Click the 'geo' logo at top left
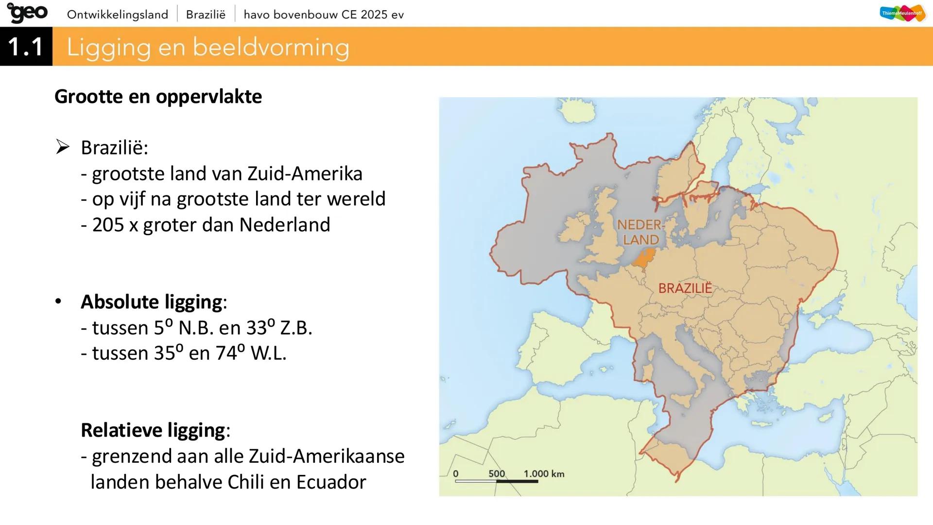coord(28,13)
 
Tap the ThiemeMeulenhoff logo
coord(903,14)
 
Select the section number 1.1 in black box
coord(26,47)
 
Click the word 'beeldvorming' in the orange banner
coord(271,48)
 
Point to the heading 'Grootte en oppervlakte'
coord(158,96)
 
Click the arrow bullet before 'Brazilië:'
coord(63,147)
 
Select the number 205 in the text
coord(108,225)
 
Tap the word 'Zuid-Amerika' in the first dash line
coord(305,174)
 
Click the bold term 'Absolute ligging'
coord(152,302)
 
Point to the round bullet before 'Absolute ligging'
coord(58,302)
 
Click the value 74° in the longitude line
coord(230,353)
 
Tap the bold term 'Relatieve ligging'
coord(153,430)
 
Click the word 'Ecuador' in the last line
coord(331,482)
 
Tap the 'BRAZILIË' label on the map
coord(685,288)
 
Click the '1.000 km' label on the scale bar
coord(544,473)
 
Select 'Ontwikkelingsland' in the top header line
coord(118,15)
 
